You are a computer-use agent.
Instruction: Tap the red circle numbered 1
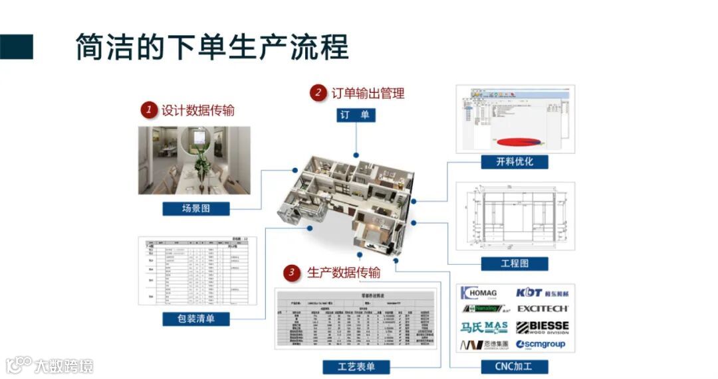(149, 110)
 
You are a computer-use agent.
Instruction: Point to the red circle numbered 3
(291, 273)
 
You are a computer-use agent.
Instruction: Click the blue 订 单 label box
(355, 115)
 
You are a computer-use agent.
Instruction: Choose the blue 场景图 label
(196, 208)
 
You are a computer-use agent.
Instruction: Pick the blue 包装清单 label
(196, 319)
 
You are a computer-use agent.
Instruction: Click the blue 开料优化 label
(515, 161)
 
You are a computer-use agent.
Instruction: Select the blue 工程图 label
(515, 264)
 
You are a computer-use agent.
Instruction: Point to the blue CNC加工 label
(515, 366)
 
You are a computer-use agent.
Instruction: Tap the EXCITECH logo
(542, 309)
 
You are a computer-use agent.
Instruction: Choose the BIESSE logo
(542, 327)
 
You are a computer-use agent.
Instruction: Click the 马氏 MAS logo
(484, 327)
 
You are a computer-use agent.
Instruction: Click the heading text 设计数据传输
(198, 110)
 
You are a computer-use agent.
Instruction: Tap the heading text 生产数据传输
(344, 273)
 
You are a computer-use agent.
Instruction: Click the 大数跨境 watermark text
(64, 365)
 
